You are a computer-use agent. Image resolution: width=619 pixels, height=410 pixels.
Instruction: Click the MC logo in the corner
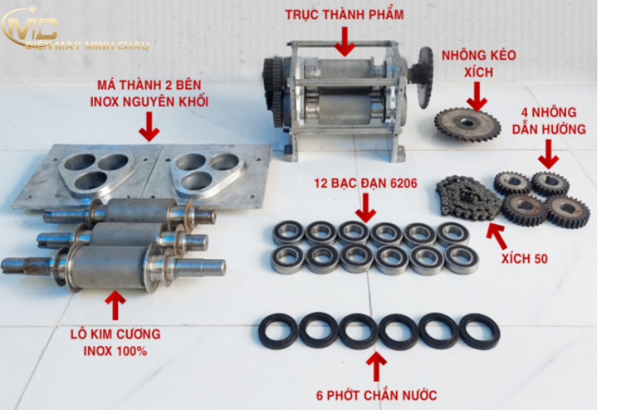(x=29, y=29)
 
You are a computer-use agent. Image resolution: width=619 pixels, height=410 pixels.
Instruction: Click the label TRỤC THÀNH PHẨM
(x=344, y=15)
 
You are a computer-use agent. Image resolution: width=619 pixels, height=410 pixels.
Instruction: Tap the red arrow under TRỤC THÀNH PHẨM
(x=345, y=42)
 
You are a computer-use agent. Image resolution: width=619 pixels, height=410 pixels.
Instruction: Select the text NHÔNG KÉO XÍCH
(x=478, y=63)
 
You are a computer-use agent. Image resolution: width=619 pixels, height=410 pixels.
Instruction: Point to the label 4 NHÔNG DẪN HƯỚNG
(x=549, y=121)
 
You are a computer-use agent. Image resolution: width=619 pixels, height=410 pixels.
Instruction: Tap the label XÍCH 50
(x=525, y=258)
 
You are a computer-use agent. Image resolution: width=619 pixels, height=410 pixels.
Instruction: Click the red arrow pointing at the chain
(x=497, y=236)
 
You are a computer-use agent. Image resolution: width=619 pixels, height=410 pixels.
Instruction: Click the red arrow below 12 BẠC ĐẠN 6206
(x=365, y=208)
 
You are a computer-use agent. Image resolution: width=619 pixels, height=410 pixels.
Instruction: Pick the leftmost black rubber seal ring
(x=278, y=331)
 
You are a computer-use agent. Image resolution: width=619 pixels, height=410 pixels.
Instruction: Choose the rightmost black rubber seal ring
(x=479, y=331)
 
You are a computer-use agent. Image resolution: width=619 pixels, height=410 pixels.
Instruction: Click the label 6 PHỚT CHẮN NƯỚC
(x=377, y=395)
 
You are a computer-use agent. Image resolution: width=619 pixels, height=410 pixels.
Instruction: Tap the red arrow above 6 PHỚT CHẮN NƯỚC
(x=377, y=367)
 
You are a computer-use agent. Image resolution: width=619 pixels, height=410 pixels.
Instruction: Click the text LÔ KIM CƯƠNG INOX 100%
(x=115, y=343)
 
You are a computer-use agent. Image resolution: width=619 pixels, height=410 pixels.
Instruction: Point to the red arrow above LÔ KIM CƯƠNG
(x=115, y=305)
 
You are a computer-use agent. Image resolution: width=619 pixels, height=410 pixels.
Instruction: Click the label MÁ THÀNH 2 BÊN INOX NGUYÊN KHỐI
(x=149, y=93)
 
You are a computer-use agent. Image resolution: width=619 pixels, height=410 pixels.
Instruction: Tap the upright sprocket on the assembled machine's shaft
(x=425, y=77)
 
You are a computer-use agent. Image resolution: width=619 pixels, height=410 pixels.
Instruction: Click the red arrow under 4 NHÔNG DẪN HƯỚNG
(x=549, y=155)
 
